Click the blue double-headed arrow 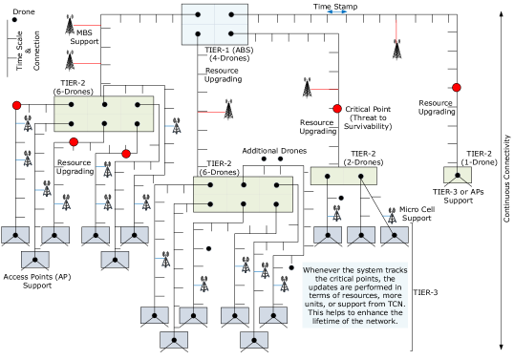337,11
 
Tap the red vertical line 396,32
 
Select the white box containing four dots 215,24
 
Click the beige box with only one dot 458,175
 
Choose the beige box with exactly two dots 343,176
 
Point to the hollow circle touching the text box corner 291,268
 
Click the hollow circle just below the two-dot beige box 341,198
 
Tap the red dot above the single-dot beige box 457,88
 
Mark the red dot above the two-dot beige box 337,109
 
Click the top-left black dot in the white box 198,14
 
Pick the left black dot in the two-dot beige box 328,177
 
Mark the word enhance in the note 365,312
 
